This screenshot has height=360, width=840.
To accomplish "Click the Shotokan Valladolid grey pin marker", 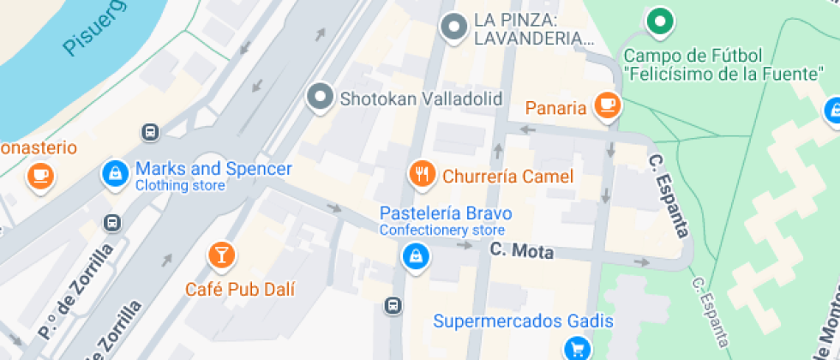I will point(321,97).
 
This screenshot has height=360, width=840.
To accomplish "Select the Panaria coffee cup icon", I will point(608,105).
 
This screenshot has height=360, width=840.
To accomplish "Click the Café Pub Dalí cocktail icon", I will point(221,255).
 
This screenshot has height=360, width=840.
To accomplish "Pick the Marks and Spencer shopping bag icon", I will point(114,174).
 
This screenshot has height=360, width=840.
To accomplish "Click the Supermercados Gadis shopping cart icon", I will point(577,349).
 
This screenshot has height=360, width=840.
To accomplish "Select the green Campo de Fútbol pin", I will point(658,22).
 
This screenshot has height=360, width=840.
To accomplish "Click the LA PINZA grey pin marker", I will point(453,27).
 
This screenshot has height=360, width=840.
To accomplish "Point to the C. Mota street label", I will point(522,252).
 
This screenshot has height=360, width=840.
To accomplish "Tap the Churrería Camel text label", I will point(507,177).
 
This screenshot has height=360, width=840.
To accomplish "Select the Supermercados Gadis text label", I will point(523,321).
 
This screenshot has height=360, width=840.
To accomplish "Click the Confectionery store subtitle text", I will point(442,231).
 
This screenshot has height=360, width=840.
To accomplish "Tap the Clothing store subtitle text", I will point(180,185).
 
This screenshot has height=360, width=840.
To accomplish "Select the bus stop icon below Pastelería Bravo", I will point(393,305).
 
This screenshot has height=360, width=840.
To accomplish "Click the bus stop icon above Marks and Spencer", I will point(150,132).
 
